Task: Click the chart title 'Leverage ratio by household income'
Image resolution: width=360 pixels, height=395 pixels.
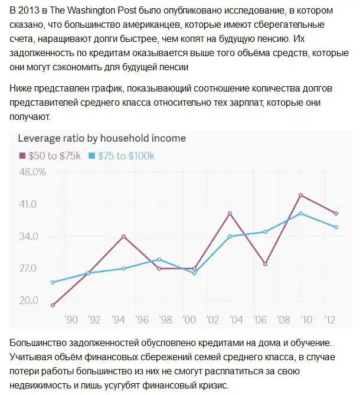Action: tap(102, 138)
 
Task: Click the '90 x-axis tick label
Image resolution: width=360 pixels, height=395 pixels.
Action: tap(71, 319)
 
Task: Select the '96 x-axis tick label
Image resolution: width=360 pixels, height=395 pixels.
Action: tap(142, 319)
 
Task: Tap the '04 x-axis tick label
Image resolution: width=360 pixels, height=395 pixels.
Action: tap(236, 319)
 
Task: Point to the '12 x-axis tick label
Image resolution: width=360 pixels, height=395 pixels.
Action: tap(330, 319)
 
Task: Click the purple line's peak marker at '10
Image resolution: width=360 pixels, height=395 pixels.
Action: tap(301, 195)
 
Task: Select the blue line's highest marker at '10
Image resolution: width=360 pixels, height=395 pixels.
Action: tap(301, 213)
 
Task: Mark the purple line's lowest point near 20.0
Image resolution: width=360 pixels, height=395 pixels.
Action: tap(53, 305)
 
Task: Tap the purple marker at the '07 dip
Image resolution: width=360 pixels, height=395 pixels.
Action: tap(266, 264)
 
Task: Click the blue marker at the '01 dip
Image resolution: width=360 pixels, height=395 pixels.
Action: tap(195, 273)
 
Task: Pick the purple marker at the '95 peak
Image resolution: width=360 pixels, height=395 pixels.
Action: tap(124, 236)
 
